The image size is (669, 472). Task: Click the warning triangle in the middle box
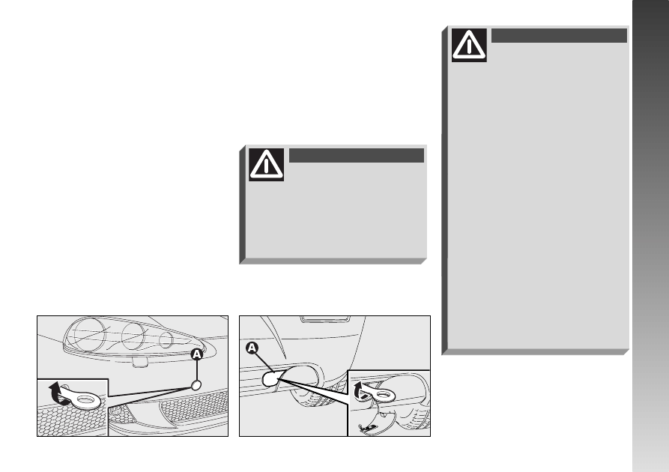pyautogui.click(x=266, y=164)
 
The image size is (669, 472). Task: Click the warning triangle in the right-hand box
pyautogui.click(x=469, y=45)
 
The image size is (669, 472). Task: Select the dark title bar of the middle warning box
pyautogui.click(x=357, y=155)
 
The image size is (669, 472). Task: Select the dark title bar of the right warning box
pyautogui.click(x=559, y=35)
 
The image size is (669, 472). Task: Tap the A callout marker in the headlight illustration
pyautogui.click(x=196, y=354)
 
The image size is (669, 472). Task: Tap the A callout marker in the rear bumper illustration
pyautogui.click(x=252, y=348)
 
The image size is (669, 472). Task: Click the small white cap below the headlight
pyautogui.click(x=196, y=385)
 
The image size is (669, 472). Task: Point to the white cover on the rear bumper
pyautogui.click(x=271, y=378)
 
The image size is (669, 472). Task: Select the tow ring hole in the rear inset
pyautogui.click(x=386, y=395)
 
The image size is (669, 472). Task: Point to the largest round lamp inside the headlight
pyautogui.click(x=91, y=333)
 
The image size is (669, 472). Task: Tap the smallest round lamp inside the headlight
pyautogui.click(x=166, y=340)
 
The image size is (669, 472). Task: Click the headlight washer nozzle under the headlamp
pyautogui.click(x=139, y=363)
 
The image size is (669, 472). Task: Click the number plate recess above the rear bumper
pyautogui.click(x=325, y=319)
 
